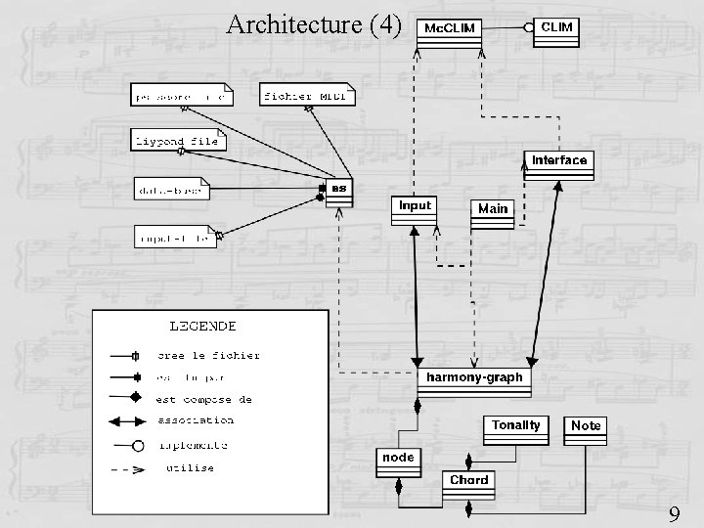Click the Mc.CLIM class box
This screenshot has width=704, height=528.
point(450,32)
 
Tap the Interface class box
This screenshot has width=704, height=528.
point(559,163)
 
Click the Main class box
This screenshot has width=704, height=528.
point(493,212)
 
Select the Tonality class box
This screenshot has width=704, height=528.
point(515,429)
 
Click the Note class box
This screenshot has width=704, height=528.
point(586,429)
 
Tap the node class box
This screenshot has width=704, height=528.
point(398,462)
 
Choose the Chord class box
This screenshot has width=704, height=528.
point(468,484)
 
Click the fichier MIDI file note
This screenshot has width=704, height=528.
point(306,95)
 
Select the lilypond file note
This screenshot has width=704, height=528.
point(178,141)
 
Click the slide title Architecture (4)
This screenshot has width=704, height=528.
point(314,23)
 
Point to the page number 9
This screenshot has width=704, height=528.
point(674,513)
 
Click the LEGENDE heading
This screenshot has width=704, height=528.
point(203,326)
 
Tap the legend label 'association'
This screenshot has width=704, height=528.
point(196,420)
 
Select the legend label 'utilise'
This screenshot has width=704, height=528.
point(190,468)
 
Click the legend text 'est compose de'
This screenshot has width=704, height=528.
point(204,398)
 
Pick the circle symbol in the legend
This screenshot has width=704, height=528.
point(138,446)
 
